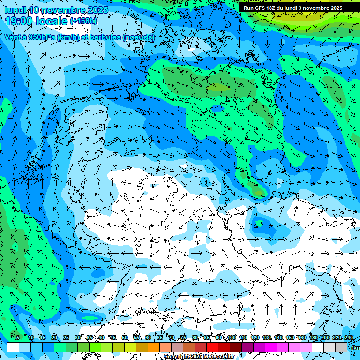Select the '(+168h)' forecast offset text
coord(84,21)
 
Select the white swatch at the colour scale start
coord(13,347)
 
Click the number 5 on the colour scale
coord(18,338)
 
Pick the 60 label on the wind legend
coord(148,338)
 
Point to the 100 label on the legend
coord(231,338)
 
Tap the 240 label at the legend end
coord(349,338)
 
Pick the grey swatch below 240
coord(342,347)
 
